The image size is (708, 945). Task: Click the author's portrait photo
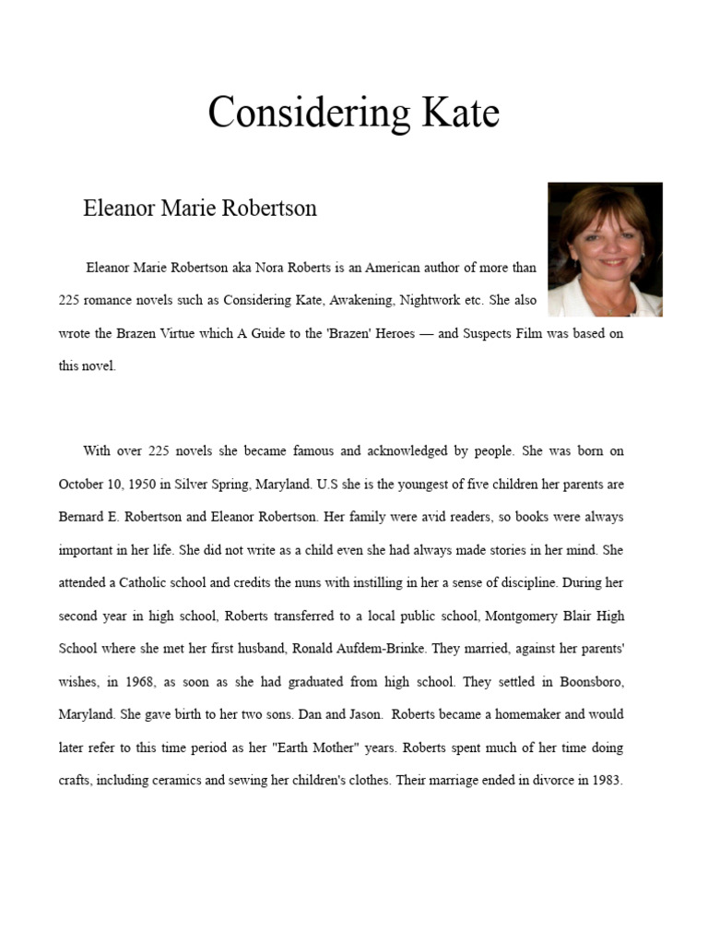coord(605,249)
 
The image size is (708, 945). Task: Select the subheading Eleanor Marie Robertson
coord(200,208)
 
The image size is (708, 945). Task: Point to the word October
coord(82,484)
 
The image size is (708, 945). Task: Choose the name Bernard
coord(85,517)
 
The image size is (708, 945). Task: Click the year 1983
coord(604,780)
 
